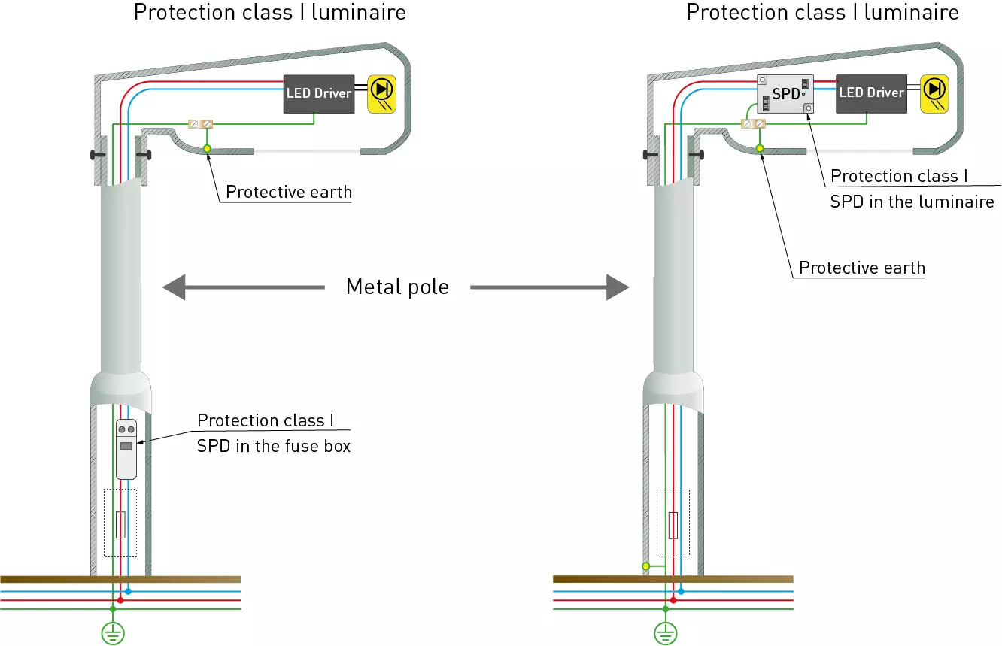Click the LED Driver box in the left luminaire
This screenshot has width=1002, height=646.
pyautogui.click(x=318, y=93)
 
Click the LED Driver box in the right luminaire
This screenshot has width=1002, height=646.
pyautogui.click(x=871, y=93)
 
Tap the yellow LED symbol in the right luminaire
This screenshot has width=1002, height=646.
pyautogui.click(x=934, y=93)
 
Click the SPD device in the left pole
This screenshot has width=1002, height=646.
pyautogui.click(x=126, y=448)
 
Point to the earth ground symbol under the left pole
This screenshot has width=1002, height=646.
pyautogui.click(x=113, y=634)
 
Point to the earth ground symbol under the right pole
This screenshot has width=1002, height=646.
pyautogui.click(x=665, y=634)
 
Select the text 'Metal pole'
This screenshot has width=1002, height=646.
pyautogui.click(x=397, y=287)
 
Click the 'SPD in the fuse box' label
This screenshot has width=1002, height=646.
pyautogui.click(x=274, y=446)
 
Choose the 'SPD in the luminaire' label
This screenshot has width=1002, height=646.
pyautogui.click(x=912, y=202)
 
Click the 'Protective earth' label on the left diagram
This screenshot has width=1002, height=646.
pyautogui.click(x=289, y=192)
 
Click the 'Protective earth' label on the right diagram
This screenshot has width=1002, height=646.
pyautogui.click(x=862, y=268)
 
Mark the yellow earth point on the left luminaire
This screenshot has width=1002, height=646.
pyautogui.click(x=208, y=149)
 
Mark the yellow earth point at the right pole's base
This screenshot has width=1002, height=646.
pyautogui.click(x=645, y=566)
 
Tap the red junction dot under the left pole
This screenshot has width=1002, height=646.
pyautogui.click(x=120, y=600)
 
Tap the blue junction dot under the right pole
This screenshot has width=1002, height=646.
pyautogui.click(x=681, y=592)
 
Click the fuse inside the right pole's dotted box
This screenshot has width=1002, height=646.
pyautogui.click(x=673, y=525)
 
